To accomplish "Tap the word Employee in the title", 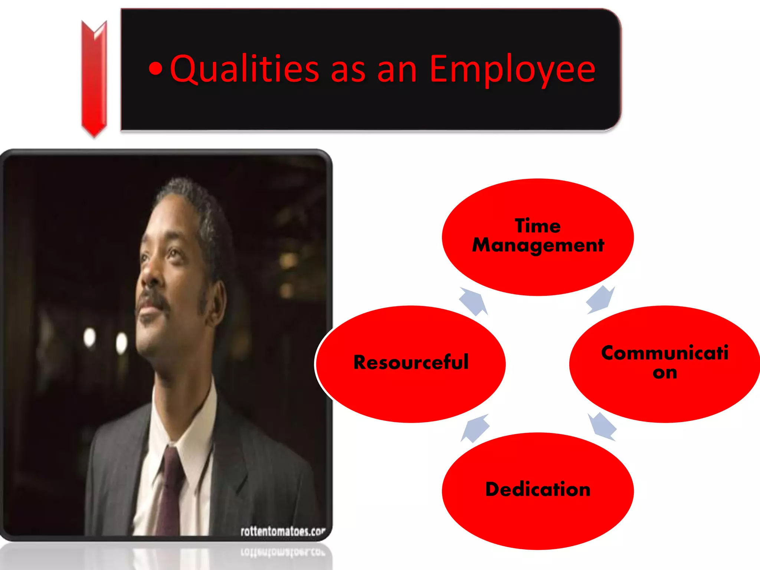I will click(x=512, y=70).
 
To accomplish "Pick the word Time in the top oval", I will click(x=538, y=226).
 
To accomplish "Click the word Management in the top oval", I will click(x=538, y=246).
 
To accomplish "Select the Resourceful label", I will click(x=411, y=363).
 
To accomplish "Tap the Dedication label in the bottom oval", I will click(x=538, y=489).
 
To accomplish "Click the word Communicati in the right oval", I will click(x=665, y=353).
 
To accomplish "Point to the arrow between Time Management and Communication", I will click(x=600, y=300).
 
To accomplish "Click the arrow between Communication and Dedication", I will click(x=602, y=427).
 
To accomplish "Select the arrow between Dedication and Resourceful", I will click(x=475, y=428).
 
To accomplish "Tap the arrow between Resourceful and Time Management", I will click(x=473, y=301).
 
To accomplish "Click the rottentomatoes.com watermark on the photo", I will click(x=283, y=531).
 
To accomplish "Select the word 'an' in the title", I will click(x=397, y=70).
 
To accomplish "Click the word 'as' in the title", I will click(x=348, y=70).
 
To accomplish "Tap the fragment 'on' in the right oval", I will click(x=665, y=373).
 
